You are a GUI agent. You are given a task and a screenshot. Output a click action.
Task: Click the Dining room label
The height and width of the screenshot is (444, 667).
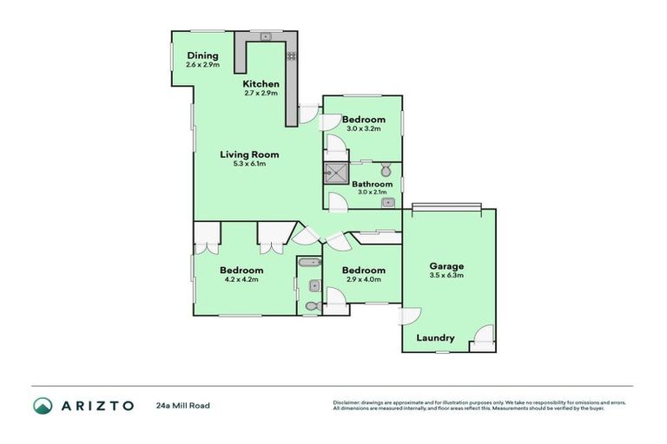pos(202,55)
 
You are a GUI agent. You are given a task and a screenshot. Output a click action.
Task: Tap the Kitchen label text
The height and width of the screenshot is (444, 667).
pos(261,83)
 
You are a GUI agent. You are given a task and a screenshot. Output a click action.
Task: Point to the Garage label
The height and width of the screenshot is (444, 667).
pos(447,266)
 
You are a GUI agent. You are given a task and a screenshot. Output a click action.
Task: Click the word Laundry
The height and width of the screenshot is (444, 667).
pos(435,337)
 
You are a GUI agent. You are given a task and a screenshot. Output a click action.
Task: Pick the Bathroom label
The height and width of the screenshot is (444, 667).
pos(372,184)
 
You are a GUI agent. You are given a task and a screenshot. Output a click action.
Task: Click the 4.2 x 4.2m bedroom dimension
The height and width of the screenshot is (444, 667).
pos(241,279)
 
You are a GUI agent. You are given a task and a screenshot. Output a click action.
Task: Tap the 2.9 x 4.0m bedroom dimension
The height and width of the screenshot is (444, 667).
pos(362,279)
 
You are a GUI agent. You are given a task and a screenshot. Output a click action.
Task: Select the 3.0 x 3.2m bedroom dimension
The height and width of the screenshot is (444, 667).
pos(363,128)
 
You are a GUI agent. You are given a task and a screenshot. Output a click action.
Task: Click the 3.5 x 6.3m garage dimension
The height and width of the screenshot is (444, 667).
pos(447,276)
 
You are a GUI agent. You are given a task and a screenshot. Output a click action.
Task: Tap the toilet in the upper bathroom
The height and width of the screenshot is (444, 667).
pos(386,168)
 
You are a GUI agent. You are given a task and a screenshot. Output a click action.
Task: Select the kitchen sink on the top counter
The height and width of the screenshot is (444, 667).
pos(267,36)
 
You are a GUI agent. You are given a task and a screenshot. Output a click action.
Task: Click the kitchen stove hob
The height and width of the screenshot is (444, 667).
pos(291,55)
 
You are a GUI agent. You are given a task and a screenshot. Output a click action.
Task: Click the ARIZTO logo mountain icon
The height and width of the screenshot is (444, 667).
pos(43,405)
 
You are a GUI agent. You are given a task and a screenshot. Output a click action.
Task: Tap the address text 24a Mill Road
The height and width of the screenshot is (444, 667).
pos(182,405)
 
